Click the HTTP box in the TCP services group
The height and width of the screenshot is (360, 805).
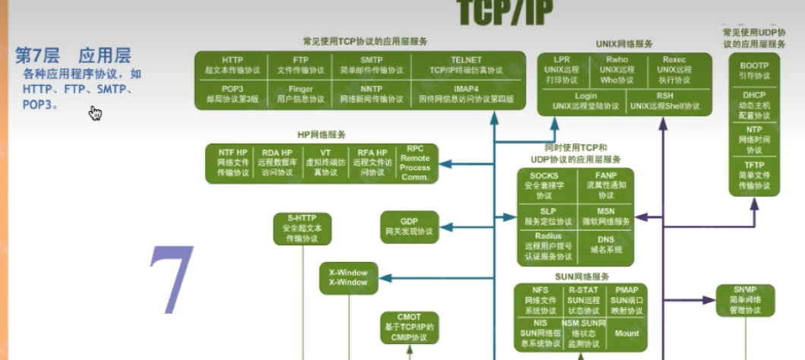coord(232,65)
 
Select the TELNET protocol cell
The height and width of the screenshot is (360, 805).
coord(466,65)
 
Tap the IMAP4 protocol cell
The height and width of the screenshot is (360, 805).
coord(466,93)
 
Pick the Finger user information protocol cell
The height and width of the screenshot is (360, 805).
coord(301,93)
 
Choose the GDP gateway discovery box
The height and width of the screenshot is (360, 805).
coord(409,226)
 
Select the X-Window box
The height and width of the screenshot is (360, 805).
coord(347,277)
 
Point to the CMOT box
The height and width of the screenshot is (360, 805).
coord(409,327)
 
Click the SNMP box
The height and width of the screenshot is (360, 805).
coord(744,300)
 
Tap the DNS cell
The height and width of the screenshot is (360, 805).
coord(605,244)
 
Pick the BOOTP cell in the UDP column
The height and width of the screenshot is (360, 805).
coord(753,71)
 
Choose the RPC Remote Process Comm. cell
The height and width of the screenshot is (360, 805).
coord(415,163)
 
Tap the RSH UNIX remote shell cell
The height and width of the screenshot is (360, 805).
coord(665,101)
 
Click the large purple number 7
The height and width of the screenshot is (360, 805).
coord(171,281)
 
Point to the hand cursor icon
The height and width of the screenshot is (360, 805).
coord(95,113)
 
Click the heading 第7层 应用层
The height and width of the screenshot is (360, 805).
coord(73,55)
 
